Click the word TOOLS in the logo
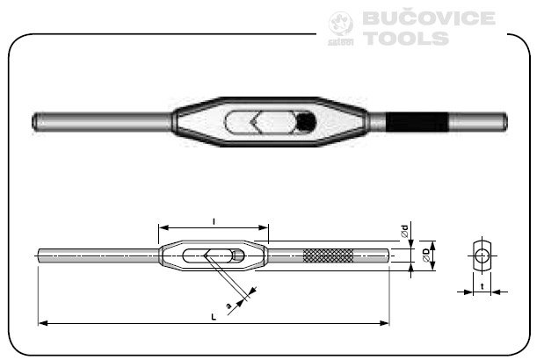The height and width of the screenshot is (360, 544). click(x=406, y=39)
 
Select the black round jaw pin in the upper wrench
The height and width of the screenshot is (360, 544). click(x=304, y=122)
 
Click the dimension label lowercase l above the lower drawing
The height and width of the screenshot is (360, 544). click(x=214, y=217)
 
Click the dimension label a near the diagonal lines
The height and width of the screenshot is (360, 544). click(x=229, y=306)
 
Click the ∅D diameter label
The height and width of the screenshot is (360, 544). click(x=426, y=256)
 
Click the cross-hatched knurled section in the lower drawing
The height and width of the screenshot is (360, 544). click(x=328, y=256)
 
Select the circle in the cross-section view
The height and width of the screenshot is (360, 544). click(x=481, y=256)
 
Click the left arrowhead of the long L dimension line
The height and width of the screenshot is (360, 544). click(x=41, y=323)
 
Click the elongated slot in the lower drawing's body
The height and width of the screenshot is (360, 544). click(x=214, y=256)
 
